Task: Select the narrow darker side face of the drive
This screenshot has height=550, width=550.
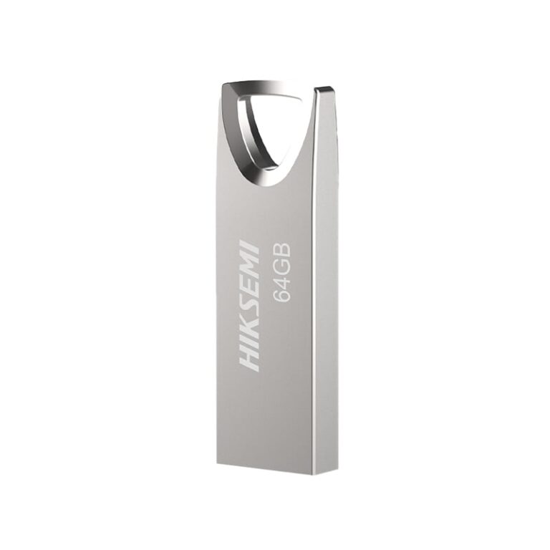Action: coord(324,286)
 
